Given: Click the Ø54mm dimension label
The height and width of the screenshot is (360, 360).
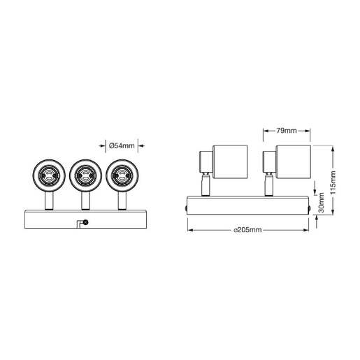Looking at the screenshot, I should (122, 145).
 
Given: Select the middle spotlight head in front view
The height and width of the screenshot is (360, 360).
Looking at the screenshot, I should (85, 173).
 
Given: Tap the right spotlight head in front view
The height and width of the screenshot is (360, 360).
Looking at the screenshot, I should (122, 173).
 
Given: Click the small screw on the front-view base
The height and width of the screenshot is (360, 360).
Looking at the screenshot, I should (85, 222).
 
